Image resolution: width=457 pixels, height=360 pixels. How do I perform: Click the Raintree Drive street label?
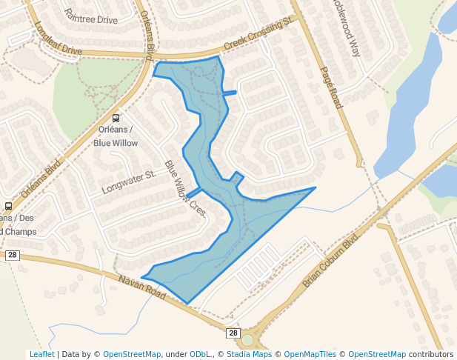click(90, 16)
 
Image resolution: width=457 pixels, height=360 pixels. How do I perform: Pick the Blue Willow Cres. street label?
click(184, 189)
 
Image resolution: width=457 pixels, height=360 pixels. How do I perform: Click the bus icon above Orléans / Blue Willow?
click(116, 119)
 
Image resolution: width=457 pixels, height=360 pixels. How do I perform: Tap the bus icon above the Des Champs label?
click(8, 206)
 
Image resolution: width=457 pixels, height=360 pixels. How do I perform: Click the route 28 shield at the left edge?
click(12, 255)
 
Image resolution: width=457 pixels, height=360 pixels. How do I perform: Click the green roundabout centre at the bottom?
click(247, 341)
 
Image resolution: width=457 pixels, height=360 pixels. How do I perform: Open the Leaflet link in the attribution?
click(41, 354)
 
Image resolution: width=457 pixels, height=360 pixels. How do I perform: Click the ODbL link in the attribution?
click(200, 354)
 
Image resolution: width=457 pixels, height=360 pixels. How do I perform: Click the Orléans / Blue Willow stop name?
click(116, 136)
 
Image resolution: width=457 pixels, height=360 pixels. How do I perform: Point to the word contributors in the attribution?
click(431, 354)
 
